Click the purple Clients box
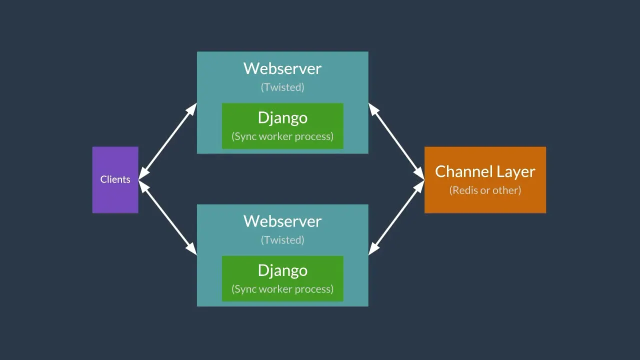115,179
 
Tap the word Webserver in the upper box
282,68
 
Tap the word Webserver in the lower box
282,221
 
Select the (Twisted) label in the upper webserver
282,87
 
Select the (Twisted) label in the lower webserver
282,240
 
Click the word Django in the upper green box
282,118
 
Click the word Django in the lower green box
282,270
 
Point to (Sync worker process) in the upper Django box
282,136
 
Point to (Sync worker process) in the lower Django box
282,289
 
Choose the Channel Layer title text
485,171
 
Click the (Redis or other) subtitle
485,190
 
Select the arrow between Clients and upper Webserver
167,141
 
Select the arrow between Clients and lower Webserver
167,217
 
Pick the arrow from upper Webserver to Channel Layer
396,141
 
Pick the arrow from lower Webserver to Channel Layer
396,218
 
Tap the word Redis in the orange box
465,190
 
